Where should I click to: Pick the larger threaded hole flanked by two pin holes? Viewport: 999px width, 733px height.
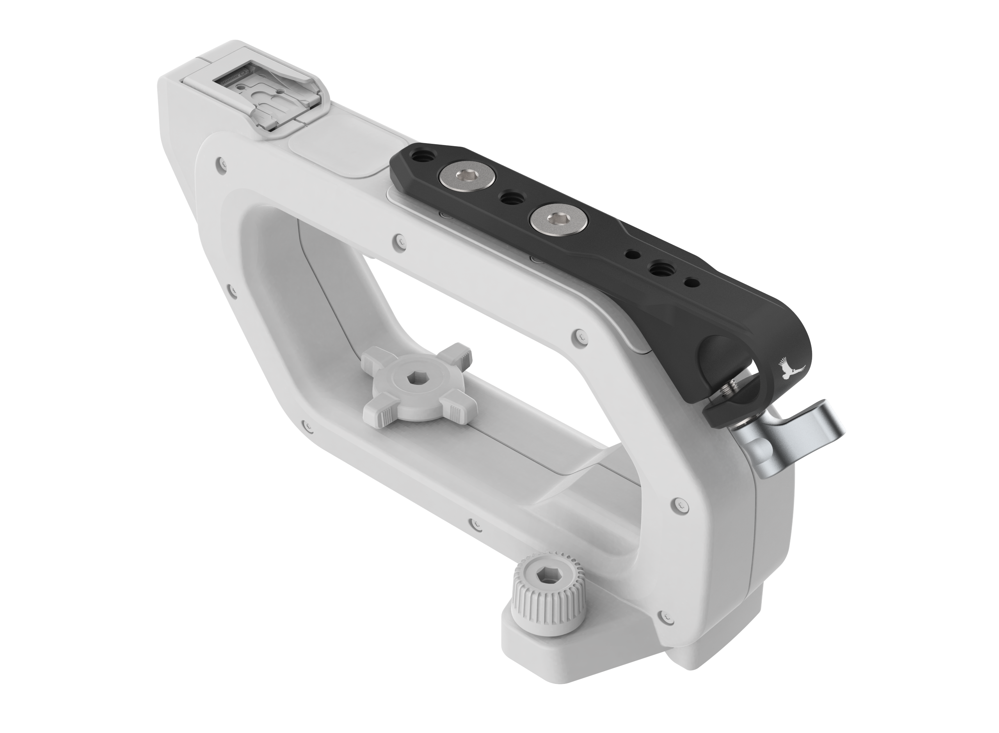(x=658, y=268)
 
